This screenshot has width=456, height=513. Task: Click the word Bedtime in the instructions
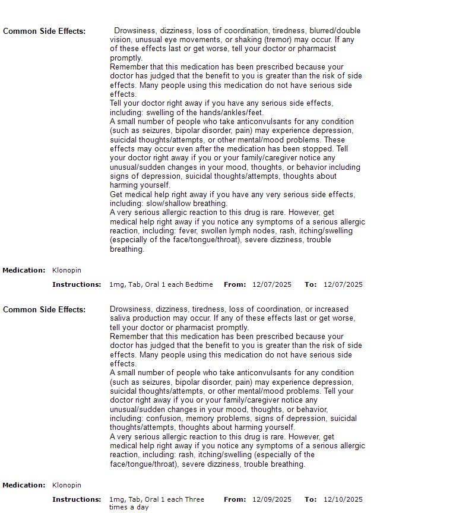199,285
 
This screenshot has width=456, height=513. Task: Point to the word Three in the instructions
194,500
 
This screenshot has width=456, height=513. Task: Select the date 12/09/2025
272,500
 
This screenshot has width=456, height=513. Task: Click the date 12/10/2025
343,500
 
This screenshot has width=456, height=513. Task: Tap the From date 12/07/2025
272,285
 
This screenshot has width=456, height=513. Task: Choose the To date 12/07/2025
343,285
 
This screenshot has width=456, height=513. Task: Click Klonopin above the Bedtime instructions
66,271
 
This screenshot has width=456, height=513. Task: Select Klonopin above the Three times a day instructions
66,486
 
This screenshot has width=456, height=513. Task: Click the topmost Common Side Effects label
44,31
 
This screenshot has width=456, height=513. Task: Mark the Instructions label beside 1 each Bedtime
77,285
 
